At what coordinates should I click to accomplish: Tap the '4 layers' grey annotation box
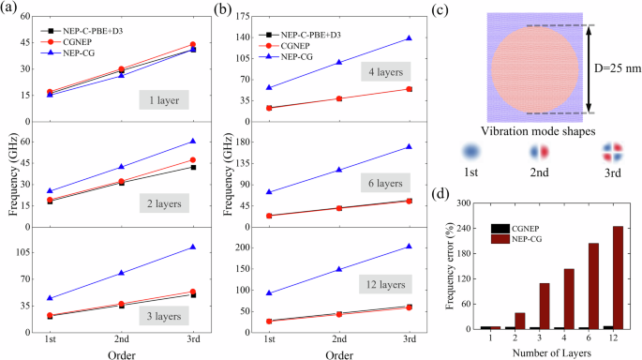point(385,72)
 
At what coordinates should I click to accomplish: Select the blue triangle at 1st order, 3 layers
point(50,298)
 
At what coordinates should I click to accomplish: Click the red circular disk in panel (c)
point(528,70)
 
